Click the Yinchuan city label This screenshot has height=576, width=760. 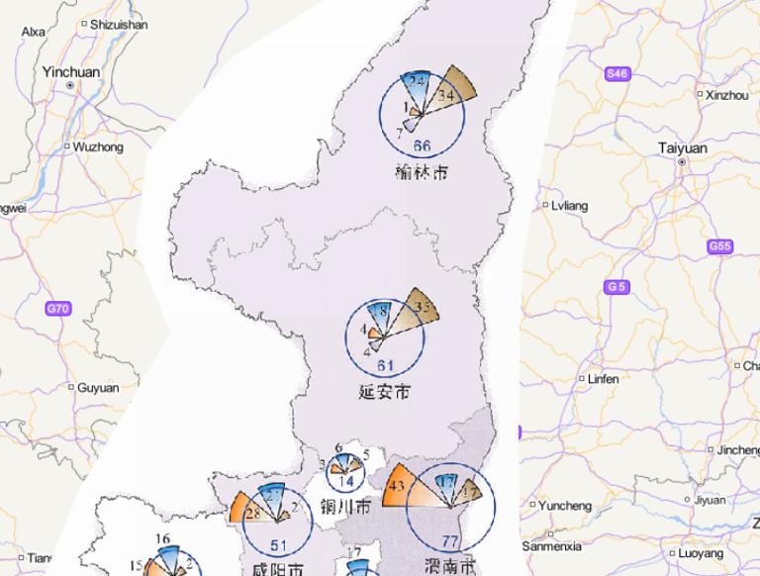(71, 71)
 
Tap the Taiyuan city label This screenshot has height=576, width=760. (683, 148)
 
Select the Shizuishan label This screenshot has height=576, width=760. (118, 24)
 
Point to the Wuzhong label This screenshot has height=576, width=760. (98, 146)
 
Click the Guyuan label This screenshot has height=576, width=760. (97, 388)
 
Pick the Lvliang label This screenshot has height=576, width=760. (569, 206)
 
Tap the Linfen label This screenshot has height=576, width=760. (603, 379)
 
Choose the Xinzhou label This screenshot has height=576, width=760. (727, 95)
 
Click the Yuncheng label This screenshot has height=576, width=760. (564, 506)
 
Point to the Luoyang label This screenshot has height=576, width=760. (702, 553)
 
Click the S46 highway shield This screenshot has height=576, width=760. (617, 73)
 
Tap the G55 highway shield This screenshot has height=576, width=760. (720, 245)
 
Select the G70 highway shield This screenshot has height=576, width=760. (58, 309)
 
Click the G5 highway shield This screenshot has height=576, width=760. (617, 287)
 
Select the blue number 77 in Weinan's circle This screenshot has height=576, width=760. (451, 541)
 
